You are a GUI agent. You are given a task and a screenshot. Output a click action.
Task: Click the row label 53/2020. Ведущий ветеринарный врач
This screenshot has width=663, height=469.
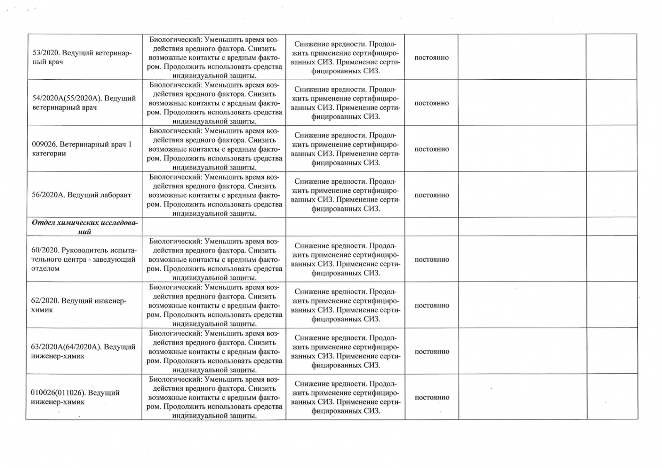82,58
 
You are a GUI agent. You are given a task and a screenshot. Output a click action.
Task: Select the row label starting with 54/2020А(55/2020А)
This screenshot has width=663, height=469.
84,103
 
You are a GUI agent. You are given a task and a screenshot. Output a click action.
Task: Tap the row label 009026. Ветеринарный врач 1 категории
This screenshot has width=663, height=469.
82,149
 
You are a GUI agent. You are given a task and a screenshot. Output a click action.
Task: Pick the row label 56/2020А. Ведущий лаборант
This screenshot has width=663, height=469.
81,195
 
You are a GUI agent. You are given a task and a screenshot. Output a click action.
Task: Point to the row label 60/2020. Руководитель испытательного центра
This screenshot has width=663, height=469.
83,259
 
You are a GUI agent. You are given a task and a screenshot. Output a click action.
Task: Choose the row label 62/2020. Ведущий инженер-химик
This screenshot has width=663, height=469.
79,305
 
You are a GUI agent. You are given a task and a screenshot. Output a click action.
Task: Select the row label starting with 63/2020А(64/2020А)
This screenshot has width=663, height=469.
83,351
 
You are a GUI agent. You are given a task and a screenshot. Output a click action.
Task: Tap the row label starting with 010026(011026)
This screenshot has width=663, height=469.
75,397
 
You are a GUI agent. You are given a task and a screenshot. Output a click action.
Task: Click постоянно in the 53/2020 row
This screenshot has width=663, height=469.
431,58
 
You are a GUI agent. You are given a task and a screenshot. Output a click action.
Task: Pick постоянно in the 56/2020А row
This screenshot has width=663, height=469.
431,195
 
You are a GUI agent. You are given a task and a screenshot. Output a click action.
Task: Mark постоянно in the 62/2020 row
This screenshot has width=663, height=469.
431,306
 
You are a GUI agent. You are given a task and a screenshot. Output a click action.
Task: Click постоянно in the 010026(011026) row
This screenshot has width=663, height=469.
431,397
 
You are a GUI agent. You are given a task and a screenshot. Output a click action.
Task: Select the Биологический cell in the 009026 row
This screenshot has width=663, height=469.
214,149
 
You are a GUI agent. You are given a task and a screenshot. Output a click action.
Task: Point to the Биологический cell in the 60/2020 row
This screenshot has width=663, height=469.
214,259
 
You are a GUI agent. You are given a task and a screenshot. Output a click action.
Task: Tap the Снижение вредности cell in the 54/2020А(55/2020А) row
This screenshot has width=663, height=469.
345,103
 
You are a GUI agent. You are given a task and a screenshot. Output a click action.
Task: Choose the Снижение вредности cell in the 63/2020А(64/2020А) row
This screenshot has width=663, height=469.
345,351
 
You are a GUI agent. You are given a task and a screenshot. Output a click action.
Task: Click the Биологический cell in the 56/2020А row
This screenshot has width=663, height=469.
214,195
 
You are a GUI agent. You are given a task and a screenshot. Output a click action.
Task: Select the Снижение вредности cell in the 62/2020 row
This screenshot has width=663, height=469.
345,305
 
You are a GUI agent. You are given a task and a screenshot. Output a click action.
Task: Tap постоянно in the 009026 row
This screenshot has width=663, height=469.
431,149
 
